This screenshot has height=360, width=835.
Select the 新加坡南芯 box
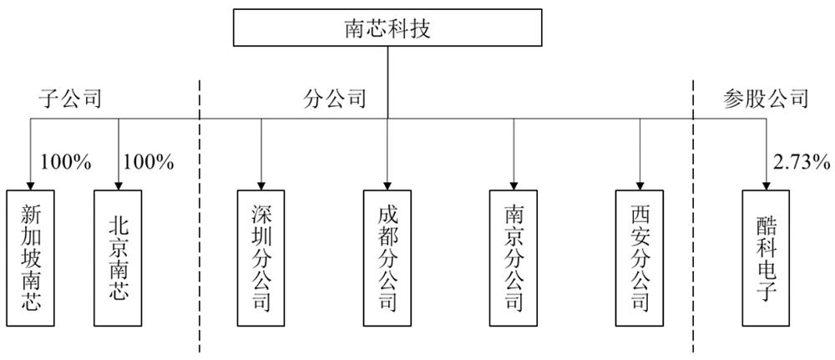[31, 257]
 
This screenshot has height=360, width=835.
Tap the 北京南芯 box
[119, 257]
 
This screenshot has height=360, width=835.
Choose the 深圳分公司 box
[261, 257]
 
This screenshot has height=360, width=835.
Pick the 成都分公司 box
[387, 257]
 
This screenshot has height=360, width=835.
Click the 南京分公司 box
[514, 257]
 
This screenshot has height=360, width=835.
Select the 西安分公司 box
[640, 257]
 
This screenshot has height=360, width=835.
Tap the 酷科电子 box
[766, 257]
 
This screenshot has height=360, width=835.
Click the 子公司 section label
[69, 99]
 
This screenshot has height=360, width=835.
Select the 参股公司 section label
[765, 99]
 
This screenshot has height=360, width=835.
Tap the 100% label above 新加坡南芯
[64, 162]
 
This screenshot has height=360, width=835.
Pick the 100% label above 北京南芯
[148, 162]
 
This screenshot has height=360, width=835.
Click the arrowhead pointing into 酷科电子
[766, 185]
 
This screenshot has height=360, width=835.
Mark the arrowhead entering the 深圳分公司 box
[261, 185]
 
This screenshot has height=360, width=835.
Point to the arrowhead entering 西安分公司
[640, 185]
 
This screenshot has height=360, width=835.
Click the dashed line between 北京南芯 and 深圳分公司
[199, 217]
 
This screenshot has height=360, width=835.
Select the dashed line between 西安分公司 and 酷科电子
[695, 217]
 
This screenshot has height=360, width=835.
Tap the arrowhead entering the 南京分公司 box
[514, 185]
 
